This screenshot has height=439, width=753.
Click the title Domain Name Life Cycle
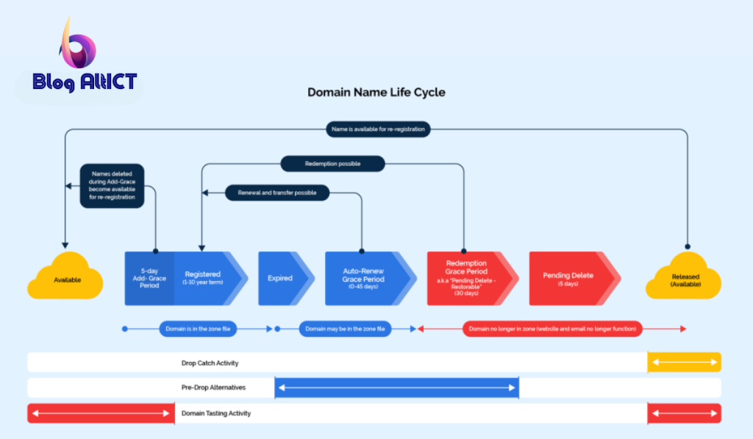coord(376,92)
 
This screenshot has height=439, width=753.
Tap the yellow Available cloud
coord(65,276)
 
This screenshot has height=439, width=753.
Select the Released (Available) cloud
coord(683,276)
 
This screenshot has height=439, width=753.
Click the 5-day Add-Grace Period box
coord(149,279)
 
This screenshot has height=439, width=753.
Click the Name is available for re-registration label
coord(379,129)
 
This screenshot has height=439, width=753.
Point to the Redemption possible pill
coord(333,164)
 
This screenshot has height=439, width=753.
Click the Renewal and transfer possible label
coord(277,193)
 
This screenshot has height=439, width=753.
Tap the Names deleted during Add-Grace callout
coord(112,186)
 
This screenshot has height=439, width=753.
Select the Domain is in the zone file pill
coord(198,329)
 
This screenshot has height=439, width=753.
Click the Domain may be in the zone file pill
coord(346,329)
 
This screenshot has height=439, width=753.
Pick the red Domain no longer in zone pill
coord(552,329)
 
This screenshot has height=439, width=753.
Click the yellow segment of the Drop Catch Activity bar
coord(685,362)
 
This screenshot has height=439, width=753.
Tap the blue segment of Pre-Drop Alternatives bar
coord(396,388)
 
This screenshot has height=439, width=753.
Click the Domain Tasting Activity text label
coord(216,413)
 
